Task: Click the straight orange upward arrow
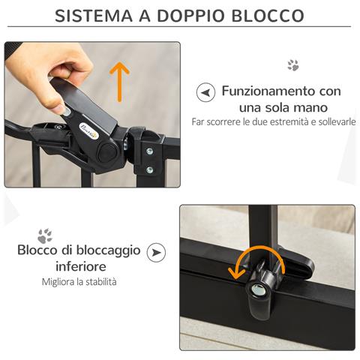point(118,80)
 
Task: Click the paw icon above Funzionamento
point(292,65)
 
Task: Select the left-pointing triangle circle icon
point(203,92)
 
